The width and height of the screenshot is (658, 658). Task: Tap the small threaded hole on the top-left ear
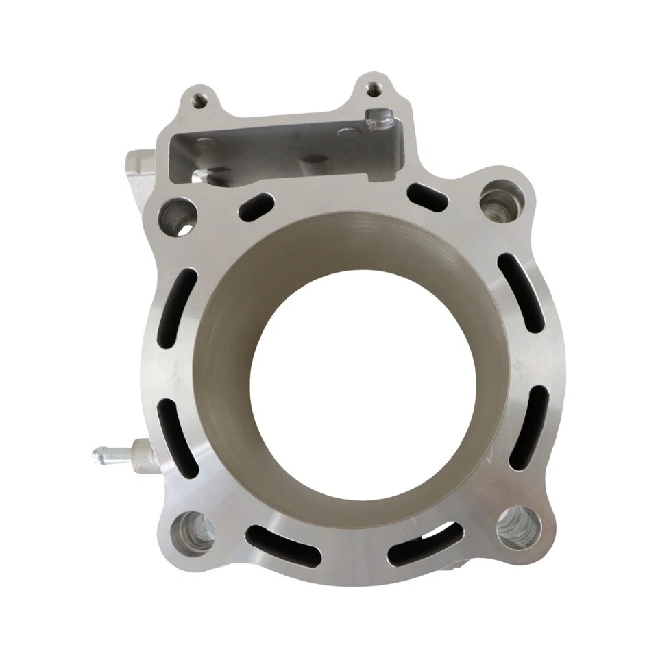[198, 100]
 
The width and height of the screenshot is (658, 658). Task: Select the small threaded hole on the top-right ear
[373, 88]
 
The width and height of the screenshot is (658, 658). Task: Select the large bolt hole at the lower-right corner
[517, 526]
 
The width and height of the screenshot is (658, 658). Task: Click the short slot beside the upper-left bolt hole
[258, 206]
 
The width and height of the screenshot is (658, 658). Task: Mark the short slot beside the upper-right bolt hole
[428, 197]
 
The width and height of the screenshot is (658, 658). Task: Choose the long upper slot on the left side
[176, 306]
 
